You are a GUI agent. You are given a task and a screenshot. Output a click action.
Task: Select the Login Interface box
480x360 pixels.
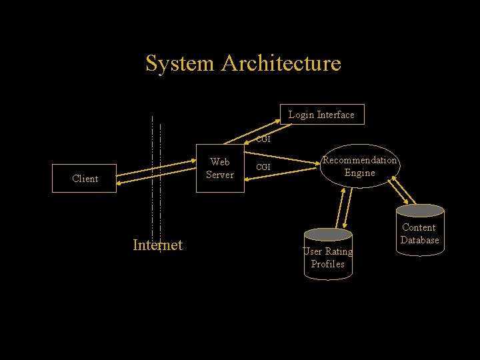(x=321, y=115)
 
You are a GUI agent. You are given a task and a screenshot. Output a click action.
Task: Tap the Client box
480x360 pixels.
(x=85, y=179)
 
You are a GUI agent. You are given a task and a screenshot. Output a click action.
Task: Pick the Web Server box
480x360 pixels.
(x=219, y=169)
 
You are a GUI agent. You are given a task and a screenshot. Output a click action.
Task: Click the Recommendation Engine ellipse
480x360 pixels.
(x=359, y=167)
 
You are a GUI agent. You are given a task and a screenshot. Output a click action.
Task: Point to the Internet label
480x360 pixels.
(x=157, y=245)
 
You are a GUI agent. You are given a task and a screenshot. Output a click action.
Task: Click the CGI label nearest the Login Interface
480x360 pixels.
(x=263, y=140)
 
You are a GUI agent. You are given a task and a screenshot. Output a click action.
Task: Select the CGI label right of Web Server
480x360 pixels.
(x=263, y=167)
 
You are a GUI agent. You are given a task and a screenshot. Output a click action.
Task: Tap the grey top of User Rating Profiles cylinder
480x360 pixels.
(x=327, y=234)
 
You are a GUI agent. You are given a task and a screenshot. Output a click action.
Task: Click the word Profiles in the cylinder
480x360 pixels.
(x=327, y=264)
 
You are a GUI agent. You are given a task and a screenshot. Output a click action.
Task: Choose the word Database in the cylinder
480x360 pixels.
(x=419, y=240)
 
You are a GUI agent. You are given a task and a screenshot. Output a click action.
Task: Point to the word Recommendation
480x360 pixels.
(x=359, y=160)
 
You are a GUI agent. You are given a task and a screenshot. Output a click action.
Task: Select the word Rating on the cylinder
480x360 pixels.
(x=338, y=251)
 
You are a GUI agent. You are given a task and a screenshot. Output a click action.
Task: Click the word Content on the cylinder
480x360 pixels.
(x=419, y=227)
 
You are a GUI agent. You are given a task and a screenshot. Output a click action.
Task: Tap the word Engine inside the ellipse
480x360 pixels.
(x=359, y=173)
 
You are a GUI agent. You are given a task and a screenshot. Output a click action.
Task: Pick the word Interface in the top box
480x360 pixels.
(x=335, y=115)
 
